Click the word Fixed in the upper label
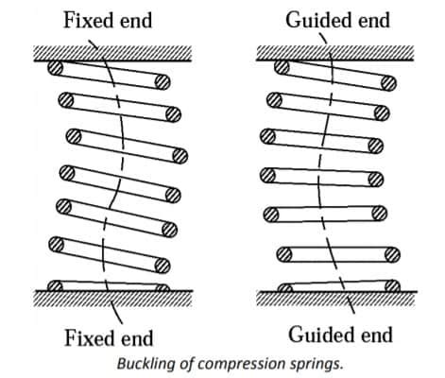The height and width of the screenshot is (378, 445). pyautogui.click(x=85, y=20)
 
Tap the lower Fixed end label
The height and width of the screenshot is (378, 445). pyautogui.click(x=108, y=336)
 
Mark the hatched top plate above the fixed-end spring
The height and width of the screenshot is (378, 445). pyautogui.click(x=112, y=53)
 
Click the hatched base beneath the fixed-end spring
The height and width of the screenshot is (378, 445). pyautogui.click(x=112, y=299)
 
